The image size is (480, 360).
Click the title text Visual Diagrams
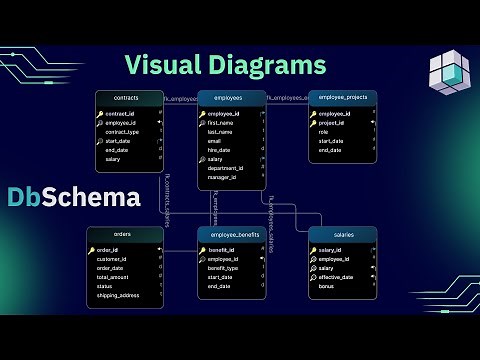click(225, 65)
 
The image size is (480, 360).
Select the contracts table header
click(126, 99)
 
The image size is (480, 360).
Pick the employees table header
click(232, 99)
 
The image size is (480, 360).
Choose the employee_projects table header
click(342, 97)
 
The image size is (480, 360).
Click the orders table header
click(123, 234)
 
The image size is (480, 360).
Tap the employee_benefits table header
click(232, 234)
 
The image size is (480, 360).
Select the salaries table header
click(343, 234)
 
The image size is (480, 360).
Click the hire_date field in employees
click(221, 150)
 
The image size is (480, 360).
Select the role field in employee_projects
click(325, 132)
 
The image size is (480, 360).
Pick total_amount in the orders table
click(114, 277)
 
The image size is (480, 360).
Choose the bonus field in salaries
click(328, 286)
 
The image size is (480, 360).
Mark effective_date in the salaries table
click(337, 277)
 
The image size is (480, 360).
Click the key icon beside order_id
click(92, 250)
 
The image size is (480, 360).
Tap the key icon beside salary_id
click(314, 250)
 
